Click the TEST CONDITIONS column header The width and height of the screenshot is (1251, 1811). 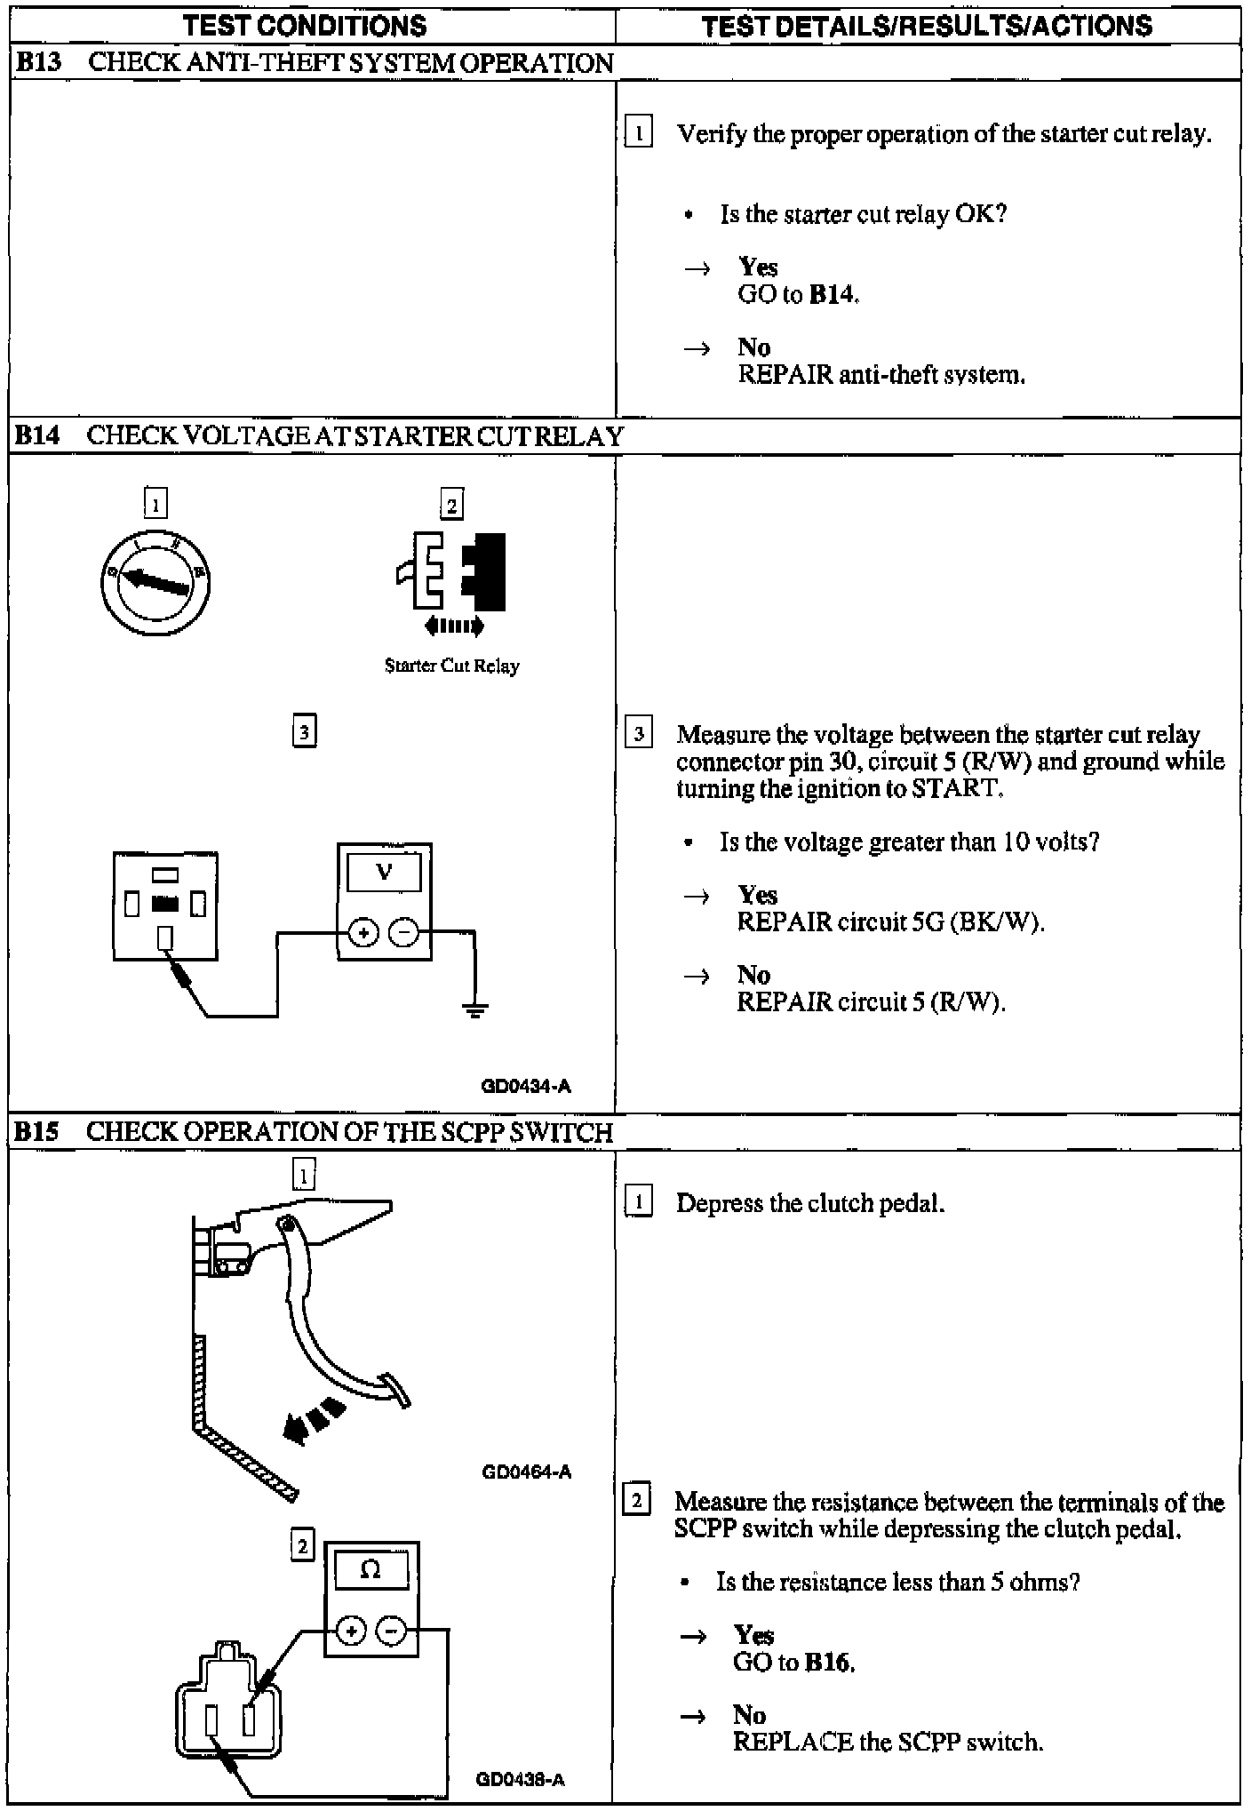(x=305, y=25)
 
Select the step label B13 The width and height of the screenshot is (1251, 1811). (x=37, y=63)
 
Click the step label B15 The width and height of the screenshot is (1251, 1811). (x=36, y=1131)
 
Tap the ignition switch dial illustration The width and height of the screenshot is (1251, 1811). (x=155, y=581)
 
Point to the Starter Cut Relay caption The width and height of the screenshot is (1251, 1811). (x=451, y=666)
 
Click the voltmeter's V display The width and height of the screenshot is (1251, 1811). (x=384, y=871)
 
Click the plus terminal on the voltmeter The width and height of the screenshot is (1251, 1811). (x=363, y=932)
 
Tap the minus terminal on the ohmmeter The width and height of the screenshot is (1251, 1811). (x=392, y=1631)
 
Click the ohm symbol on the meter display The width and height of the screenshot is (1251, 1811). (x=371, y=1570)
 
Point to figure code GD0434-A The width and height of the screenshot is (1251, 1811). (x=526, y=1086)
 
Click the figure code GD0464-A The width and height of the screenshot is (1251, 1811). (x=526, y=1472)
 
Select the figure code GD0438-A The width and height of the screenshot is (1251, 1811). (x=521, y=1779)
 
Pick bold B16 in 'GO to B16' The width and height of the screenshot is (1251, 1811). (x=829, y=1663)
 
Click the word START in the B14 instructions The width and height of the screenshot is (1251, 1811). (x=956, y=788)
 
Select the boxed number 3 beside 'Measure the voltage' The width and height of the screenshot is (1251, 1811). (x=638, y=734)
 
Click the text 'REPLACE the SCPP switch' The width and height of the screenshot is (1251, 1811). (x=888, y=1742)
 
